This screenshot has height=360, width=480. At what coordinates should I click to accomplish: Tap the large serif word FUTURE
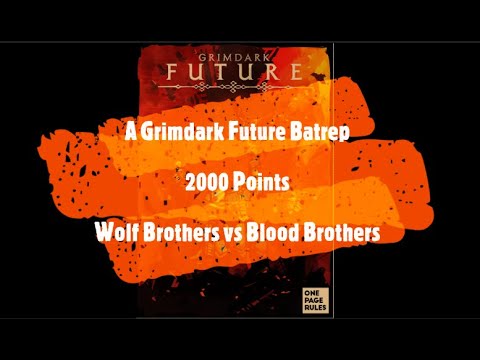[239, 71]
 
